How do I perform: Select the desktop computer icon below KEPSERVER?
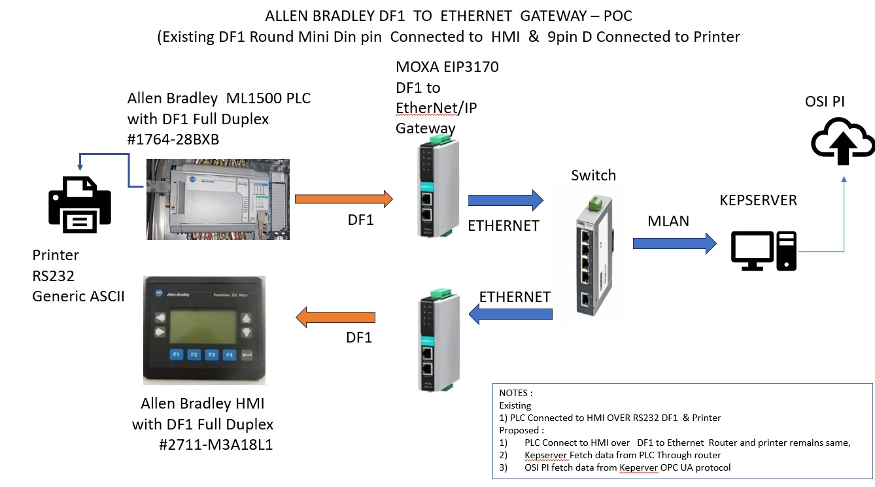[x=763, y=251]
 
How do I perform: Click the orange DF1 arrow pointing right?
[x=343, y=199]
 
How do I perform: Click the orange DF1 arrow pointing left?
[x=335, y=318]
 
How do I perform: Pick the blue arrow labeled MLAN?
[x=674, y=244]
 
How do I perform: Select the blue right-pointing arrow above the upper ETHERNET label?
[x=506, y=200]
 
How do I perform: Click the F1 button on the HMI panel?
[x=176, y=355]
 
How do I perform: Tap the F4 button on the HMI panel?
[x=229, y=355]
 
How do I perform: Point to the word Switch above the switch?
[x=593, y=175]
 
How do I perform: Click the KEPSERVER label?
[x=758, y=200]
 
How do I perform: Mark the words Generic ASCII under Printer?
[x=78, y=296]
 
